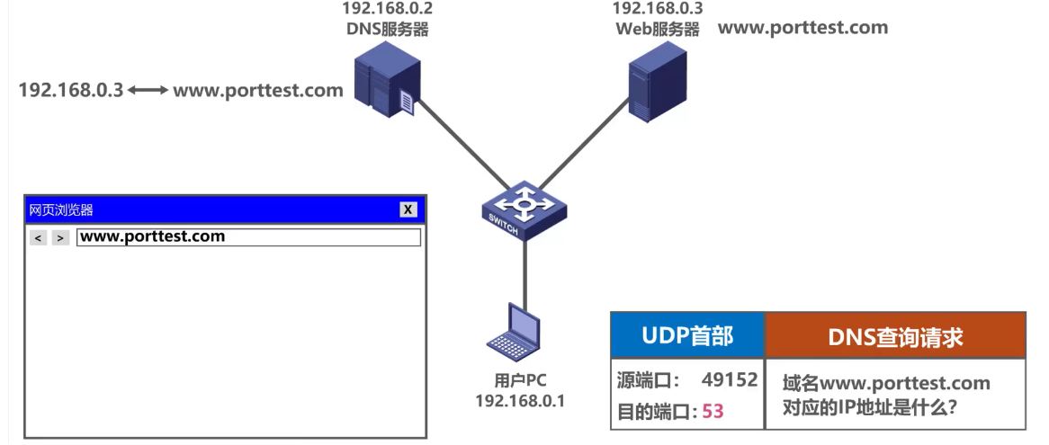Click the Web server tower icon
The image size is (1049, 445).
(657, 79)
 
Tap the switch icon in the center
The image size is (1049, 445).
(523, 212)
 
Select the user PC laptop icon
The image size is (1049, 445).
(516, 332)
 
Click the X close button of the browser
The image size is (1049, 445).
(408, 209)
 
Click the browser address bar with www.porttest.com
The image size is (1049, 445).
(248, 237)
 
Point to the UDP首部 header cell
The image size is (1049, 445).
(687, 336)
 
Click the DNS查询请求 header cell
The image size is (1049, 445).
(894, 337)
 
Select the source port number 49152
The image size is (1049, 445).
(729, 380)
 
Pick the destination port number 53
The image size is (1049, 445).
(713, 412)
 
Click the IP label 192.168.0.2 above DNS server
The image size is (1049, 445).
(387, 9)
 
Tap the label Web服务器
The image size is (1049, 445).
(658, 29)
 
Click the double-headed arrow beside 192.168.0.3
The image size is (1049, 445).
(148, 91)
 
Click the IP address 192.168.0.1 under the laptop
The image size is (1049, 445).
(520, 401)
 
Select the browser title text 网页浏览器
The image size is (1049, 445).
(61, 210)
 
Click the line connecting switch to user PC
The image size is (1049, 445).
(524, 270)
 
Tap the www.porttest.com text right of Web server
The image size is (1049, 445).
(802, 27)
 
